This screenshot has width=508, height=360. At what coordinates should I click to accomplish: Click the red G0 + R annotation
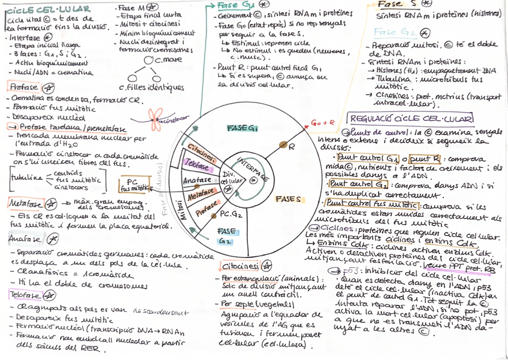[322, 122]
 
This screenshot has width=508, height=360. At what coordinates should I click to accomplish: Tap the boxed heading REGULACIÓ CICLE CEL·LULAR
[411, 119]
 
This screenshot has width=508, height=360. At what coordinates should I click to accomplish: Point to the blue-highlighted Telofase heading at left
[24, 295]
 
